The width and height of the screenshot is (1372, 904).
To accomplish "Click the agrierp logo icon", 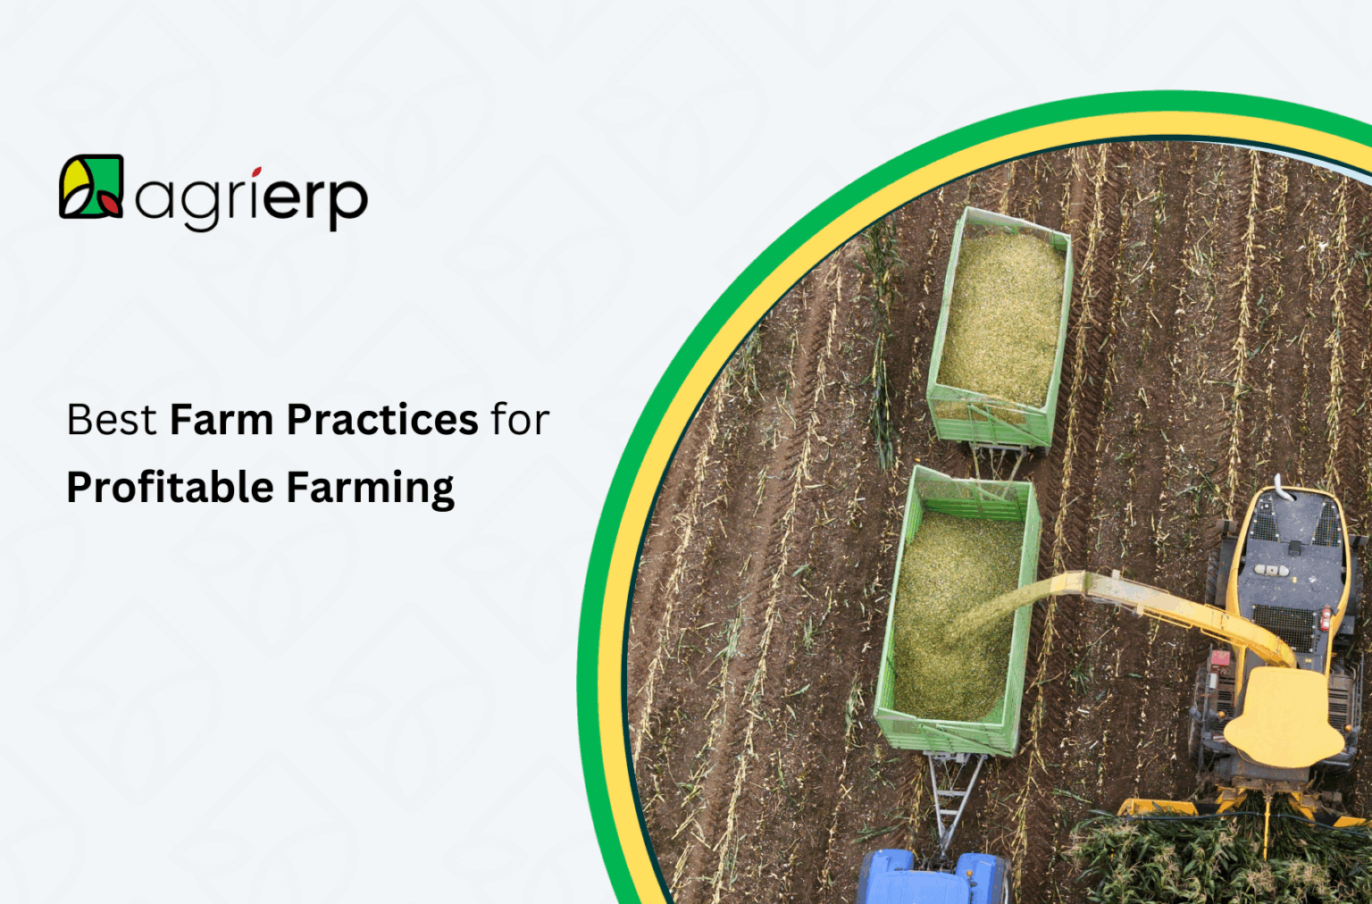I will (x=90, y=187).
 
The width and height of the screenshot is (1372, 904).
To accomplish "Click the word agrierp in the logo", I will (x=251, y=197).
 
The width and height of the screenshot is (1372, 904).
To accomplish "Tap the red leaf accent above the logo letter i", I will (x=256, y=172).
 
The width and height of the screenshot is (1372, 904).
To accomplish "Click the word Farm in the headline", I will (x=222, y=420).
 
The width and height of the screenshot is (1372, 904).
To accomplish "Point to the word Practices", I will (x=382, y=420).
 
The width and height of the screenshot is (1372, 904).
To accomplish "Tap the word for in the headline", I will (x=520, y=420).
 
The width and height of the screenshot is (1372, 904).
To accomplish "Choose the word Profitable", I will (x=170, y=489).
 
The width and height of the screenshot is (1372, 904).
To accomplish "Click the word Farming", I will (x=370, y=489).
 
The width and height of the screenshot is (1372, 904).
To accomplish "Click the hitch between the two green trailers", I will (x=999, y=460).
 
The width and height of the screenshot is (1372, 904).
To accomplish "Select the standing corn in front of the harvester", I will (x=1215, y=858).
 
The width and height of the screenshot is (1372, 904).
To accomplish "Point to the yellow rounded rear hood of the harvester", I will (x=1284, y=715).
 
